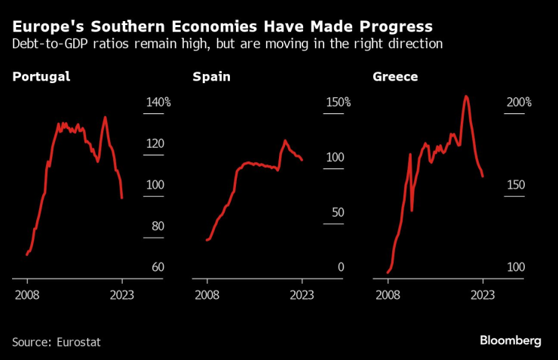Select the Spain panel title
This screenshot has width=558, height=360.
[x=212, y=77]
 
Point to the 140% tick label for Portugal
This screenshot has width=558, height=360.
[x=158, y=103]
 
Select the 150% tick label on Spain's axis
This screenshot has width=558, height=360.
[x=338, y=103]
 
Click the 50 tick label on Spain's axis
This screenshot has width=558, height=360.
[x=337, y=212]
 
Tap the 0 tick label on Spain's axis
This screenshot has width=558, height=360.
[x=340, y=267]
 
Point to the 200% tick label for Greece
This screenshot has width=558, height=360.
[x=518, y=103]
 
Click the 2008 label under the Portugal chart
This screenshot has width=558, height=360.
[x=27, y=295]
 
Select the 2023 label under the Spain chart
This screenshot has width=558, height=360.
[x=302, y=295]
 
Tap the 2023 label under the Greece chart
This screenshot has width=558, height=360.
[x=483, y=295]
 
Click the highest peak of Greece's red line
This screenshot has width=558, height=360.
[x=466, y=96]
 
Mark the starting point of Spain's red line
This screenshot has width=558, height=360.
[x=207, y=240]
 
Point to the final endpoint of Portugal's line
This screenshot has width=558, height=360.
[x=121, y=198]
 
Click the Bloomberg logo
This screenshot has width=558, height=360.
[x=510, y=341]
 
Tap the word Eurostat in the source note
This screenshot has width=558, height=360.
[x=78, y=342]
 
